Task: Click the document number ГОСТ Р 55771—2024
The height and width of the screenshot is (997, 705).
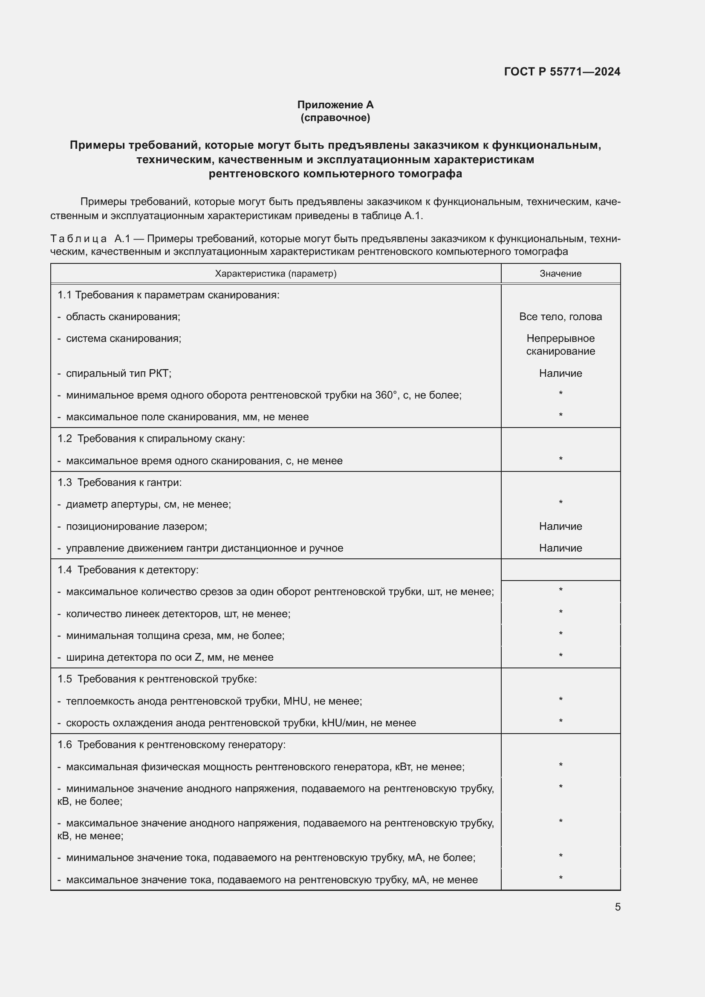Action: click(x=562, y=72)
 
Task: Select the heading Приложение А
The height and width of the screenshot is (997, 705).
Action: click(x=335, y=105)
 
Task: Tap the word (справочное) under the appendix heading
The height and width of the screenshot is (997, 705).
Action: click(x=335, y=118)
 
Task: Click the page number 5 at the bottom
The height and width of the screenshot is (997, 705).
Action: click(x=617, y=907)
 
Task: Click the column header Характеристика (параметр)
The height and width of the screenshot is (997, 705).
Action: click(x=276, y=274)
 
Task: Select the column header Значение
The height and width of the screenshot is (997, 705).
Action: click(x=561, y=274)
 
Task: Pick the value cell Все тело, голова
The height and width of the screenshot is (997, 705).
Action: click(x=561, y=317)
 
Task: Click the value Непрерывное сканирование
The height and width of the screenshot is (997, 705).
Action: click(x=561, y=345)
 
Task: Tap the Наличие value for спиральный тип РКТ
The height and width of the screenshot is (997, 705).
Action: click(x=561, y=373)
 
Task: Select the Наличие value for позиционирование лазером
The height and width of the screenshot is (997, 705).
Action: click(x=561, y=526)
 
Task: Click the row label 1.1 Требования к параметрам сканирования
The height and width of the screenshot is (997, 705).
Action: click(x=168, y=295)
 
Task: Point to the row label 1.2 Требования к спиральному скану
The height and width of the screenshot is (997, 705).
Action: click(x=151, y=439)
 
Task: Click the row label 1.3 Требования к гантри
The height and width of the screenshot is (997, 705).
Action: click(x=119, y=483)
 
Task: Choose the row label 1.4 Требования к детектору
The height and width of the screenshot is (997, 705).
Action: click(x=127, y=570)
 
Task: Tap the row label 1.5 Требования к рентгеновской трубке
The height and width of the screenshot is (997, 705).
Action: click(x=157, y=679)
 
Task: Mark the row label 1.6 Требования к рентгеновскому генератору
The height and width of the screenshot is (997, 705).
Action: click(x=171, y=745)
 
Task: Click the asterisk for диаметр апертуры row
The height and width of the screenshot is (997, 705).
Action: click(x=561, y=503)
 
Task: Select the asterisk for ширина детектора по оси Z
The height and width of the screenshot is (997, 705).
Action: click(x=561, y=656)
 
